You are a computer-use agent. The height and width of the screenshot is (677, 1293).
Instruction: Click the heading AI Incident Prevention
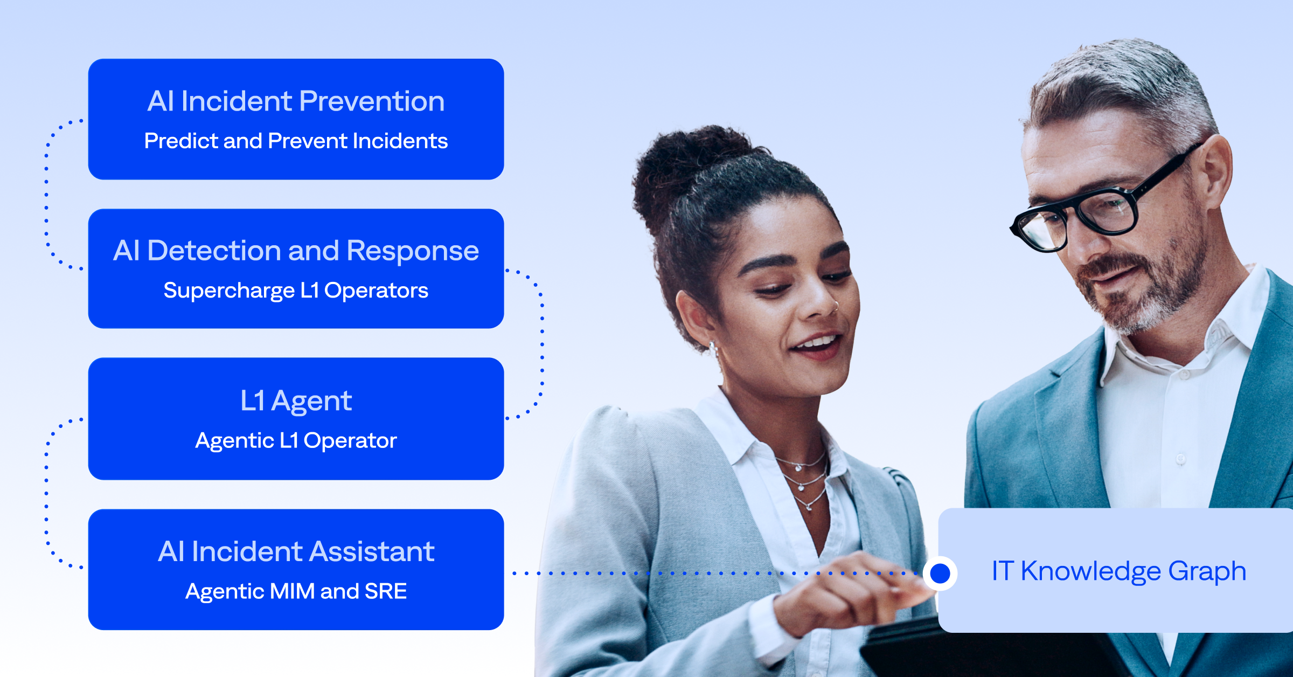tap(296, 101)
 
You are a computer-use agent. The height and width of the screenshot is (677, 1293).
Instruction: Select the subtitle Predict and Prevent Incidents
tap(296, 141)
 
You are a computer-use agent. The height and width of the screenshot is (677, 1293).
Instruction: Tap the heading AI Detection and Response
tap(296, 251)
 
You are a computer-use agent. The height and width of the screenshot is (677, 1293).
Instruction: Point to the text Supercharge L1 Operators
tap(296, 291)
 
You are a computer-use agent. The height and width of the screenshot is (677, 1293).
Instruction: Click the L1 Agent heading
tap(296, 401)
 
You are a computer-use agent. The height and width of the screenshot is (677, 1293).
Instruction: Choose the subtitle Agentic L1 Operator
tap(296, 441)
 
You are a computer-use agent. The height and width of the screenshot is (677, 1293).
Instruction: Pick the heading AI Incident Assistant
tap(296, 551)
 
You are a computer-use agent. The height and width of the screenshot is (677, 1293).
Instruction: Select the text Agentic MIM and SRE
tap(296, 591)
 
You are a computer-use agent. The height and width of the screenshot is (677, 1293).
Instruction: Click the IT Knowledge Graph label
tap(1118, 571)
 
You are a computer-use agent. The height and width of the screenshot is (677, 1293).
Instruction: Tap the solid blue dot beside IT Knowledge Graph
tap(940, 573)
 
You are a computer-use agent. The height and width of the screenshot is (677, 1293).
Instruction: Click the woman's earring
tap(713, 348)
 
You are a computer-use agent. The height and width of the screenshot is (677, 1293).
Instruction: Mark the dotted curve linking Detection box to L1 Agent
tap(542, 345)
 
